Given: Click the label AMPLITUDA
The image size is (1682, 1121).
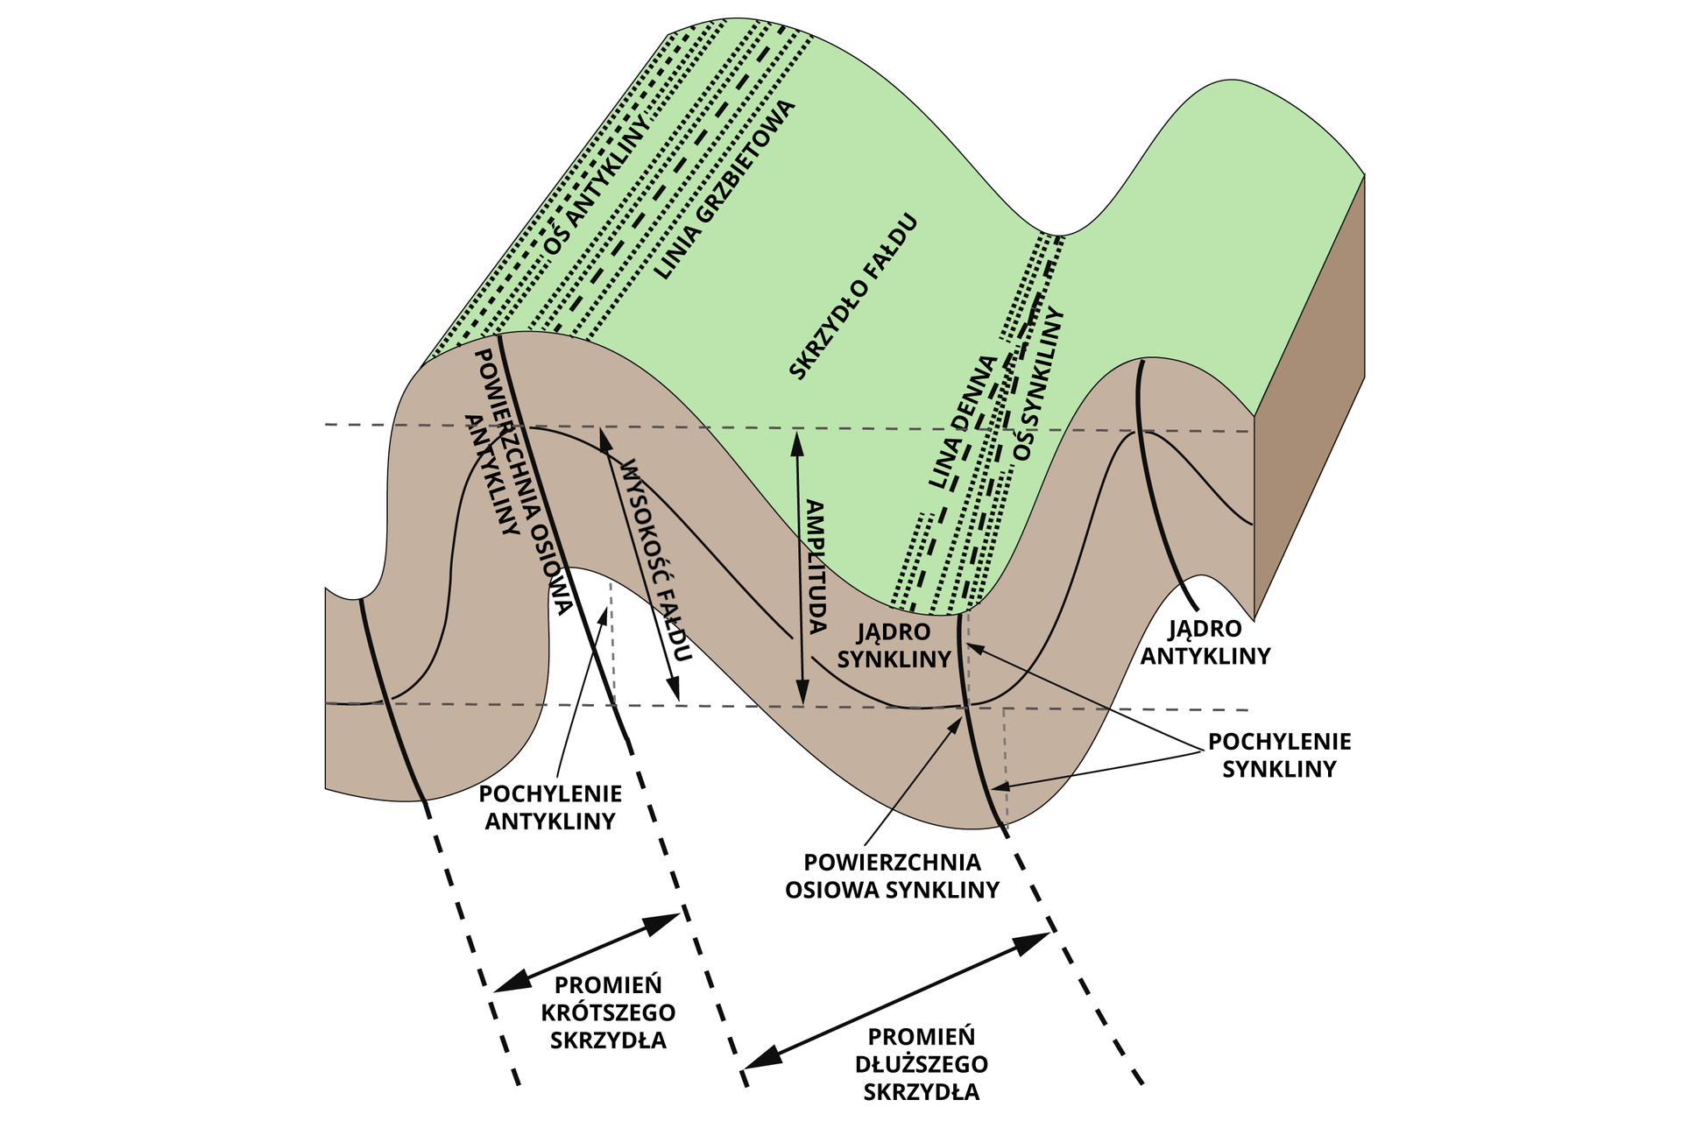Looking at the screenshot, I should tap(816, 567).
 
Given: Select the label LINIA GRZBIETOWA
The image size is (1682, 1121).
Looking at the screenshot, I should tap(724, 189).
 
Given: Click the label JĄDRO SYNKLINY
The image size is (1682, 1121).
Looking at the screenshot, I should tap(894, 645).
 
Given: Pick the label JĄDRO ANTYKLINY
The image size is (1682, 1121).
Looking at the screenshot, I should tap(1205, 642).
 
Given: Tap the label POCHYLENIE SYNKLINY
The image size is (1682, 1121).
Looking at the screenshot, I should tap(1279, 755).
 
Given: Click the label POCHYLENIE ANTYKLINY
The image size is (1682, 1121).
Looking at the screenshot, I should tap(550, 807).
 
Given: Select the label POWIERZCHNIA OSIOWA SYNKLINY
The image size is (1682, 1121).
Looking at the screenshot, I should tap(892, 876).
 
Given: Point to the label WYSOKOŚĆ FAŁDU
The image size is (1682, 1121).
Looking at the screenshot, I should tap(656, 560).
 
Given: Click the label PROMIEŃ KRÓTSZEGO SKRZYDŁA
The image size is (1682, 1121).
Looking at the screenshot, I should tap(608, 1012).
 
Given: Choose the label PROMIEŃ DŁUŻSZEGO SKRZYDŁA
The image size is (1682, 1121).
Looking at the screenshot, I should tap(922, 1064).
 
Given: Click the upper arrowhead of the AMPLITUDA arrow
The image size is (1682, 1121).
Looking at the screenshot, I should tap(797, 437).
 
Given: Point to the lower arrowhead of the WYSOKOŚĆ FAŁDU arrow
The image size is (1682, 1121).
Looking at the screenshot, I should tap(675, 691).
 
